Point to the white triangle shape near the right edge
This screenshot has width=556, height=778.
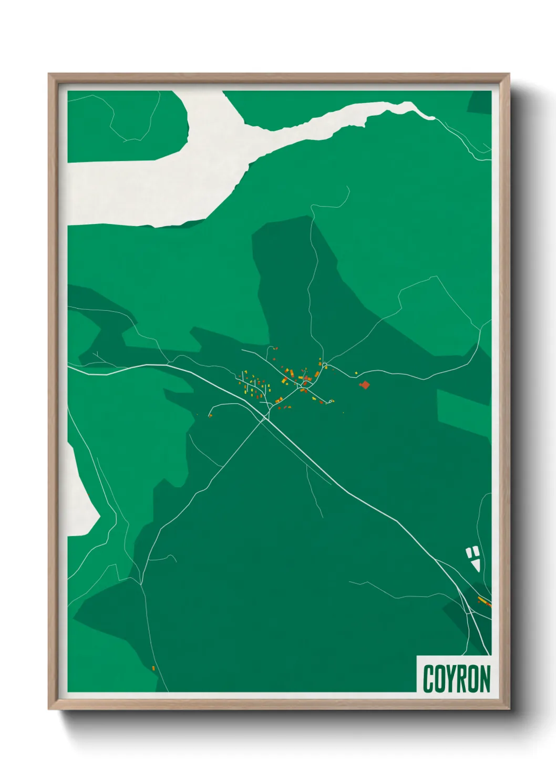click(x=477, y=565)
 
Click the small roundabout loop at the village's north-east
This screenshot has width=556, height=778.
click(x=325, y=365)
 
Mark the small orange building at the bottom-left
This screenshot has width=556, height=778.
click(x=153, y=668)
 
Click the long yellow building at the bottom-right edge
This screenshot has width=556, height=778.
click(x=483, y=601)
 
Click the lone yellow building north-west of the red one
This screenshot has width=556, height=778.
click(x=356, y=373)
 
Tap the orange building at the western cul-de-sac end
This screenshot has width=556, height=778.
click(x=210, y=415)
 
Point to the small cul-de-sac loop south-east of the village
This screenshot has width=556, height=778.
click(x=330, y=402)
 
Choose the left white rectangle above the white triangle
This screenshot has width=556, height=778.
click(x=469, y=552)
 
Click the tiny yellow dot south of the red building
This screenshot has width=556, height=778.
click(x=343, y=413)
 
